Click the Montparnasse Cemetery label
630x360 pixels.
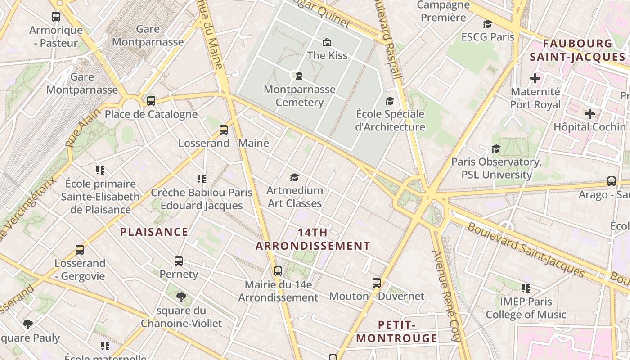pos(299,96)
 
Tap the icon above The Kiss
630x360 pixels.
pos(327,42)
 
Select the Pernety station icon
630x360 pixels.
pos(179,261)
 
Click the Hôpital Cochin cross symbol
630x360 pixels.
pos(589,114)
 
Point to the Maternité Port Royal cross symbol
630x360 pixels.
pos(535,79)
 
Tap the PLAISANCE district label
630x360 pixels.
pos(154,232)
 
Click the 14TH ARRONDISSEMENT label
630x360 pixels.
pos(313,239)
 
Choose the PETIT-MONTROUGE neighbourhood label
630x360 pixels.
pos(396,332)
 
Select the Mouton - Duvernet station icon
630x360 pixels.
pos(377,283)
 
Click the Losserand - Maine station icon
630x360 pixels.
pos(224,130)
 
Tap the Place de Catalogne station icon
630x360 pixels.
pos(151,101)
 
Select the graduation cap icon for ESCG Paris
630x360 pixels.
pos(487,24)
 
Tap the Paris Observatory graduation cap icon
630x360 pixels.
pos(496,148)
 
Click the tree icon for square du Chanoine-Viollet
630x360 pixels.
pos(181,297)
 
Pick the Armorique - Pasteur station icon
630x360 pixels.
pos(56,17)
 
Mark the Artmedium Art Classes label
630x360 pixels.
pos(295,197)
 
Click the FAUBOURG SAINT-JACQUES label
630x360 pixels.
pos(577,50)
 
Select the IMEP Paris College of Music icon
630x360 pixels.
pos(526,288)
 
